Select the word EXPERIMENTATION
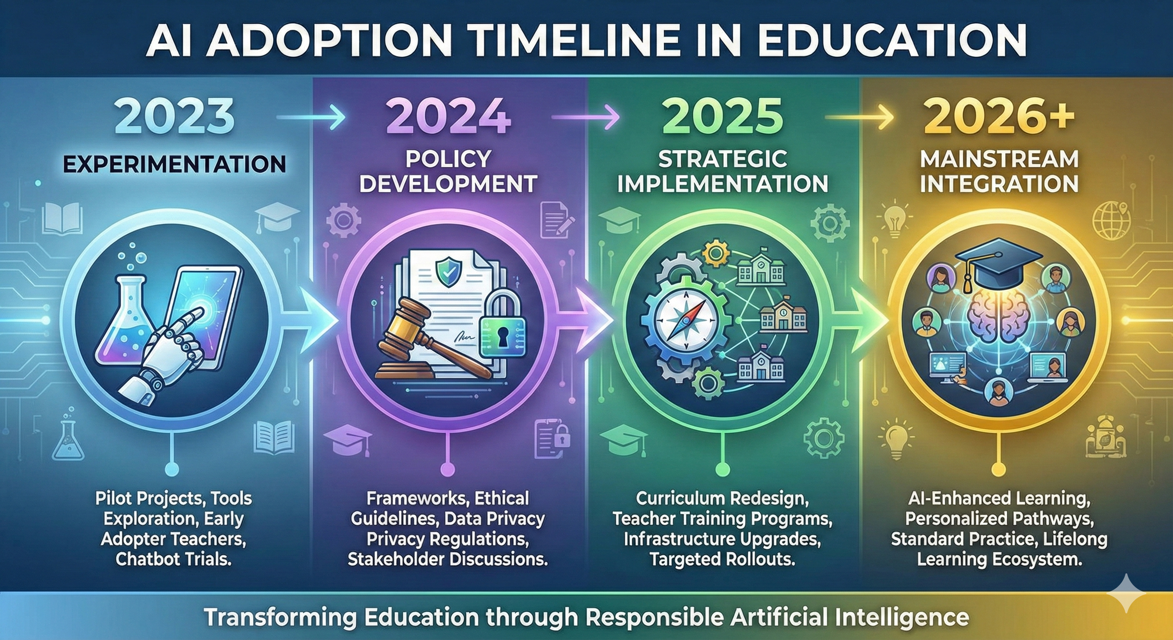tap(174, 164)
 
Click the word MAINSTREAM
tap(999, 160)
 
